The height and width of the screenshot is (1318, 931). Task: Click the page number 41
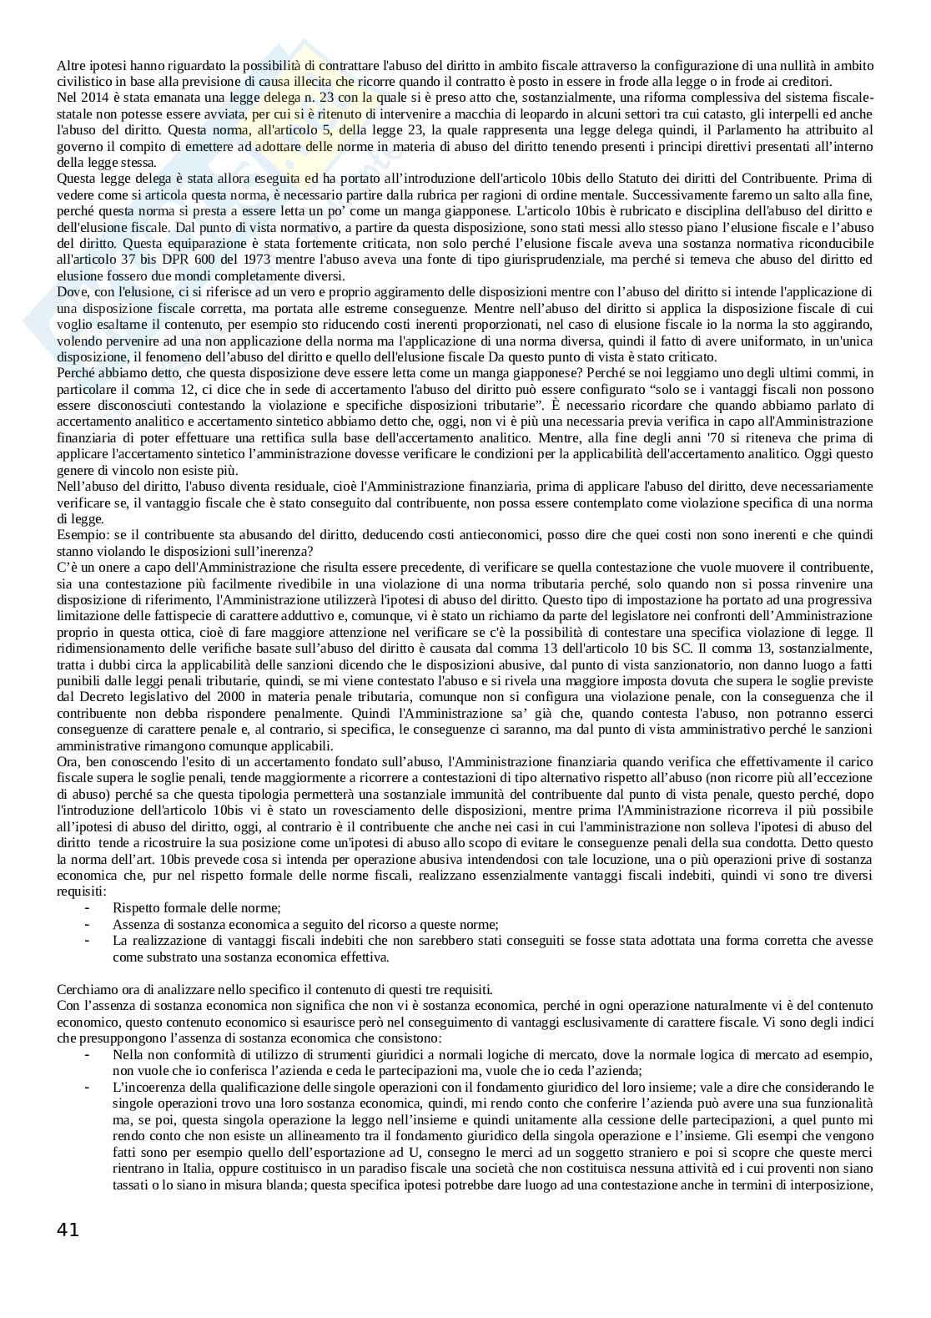click(68, 1229)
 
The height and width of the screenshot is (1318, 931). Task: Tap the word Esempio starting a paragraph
click(79, 535)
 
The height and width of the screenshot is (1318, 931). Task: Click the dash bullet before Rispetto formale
click(88, 908)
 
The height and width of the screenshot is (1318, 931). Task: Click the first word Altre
click(71, 65)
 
